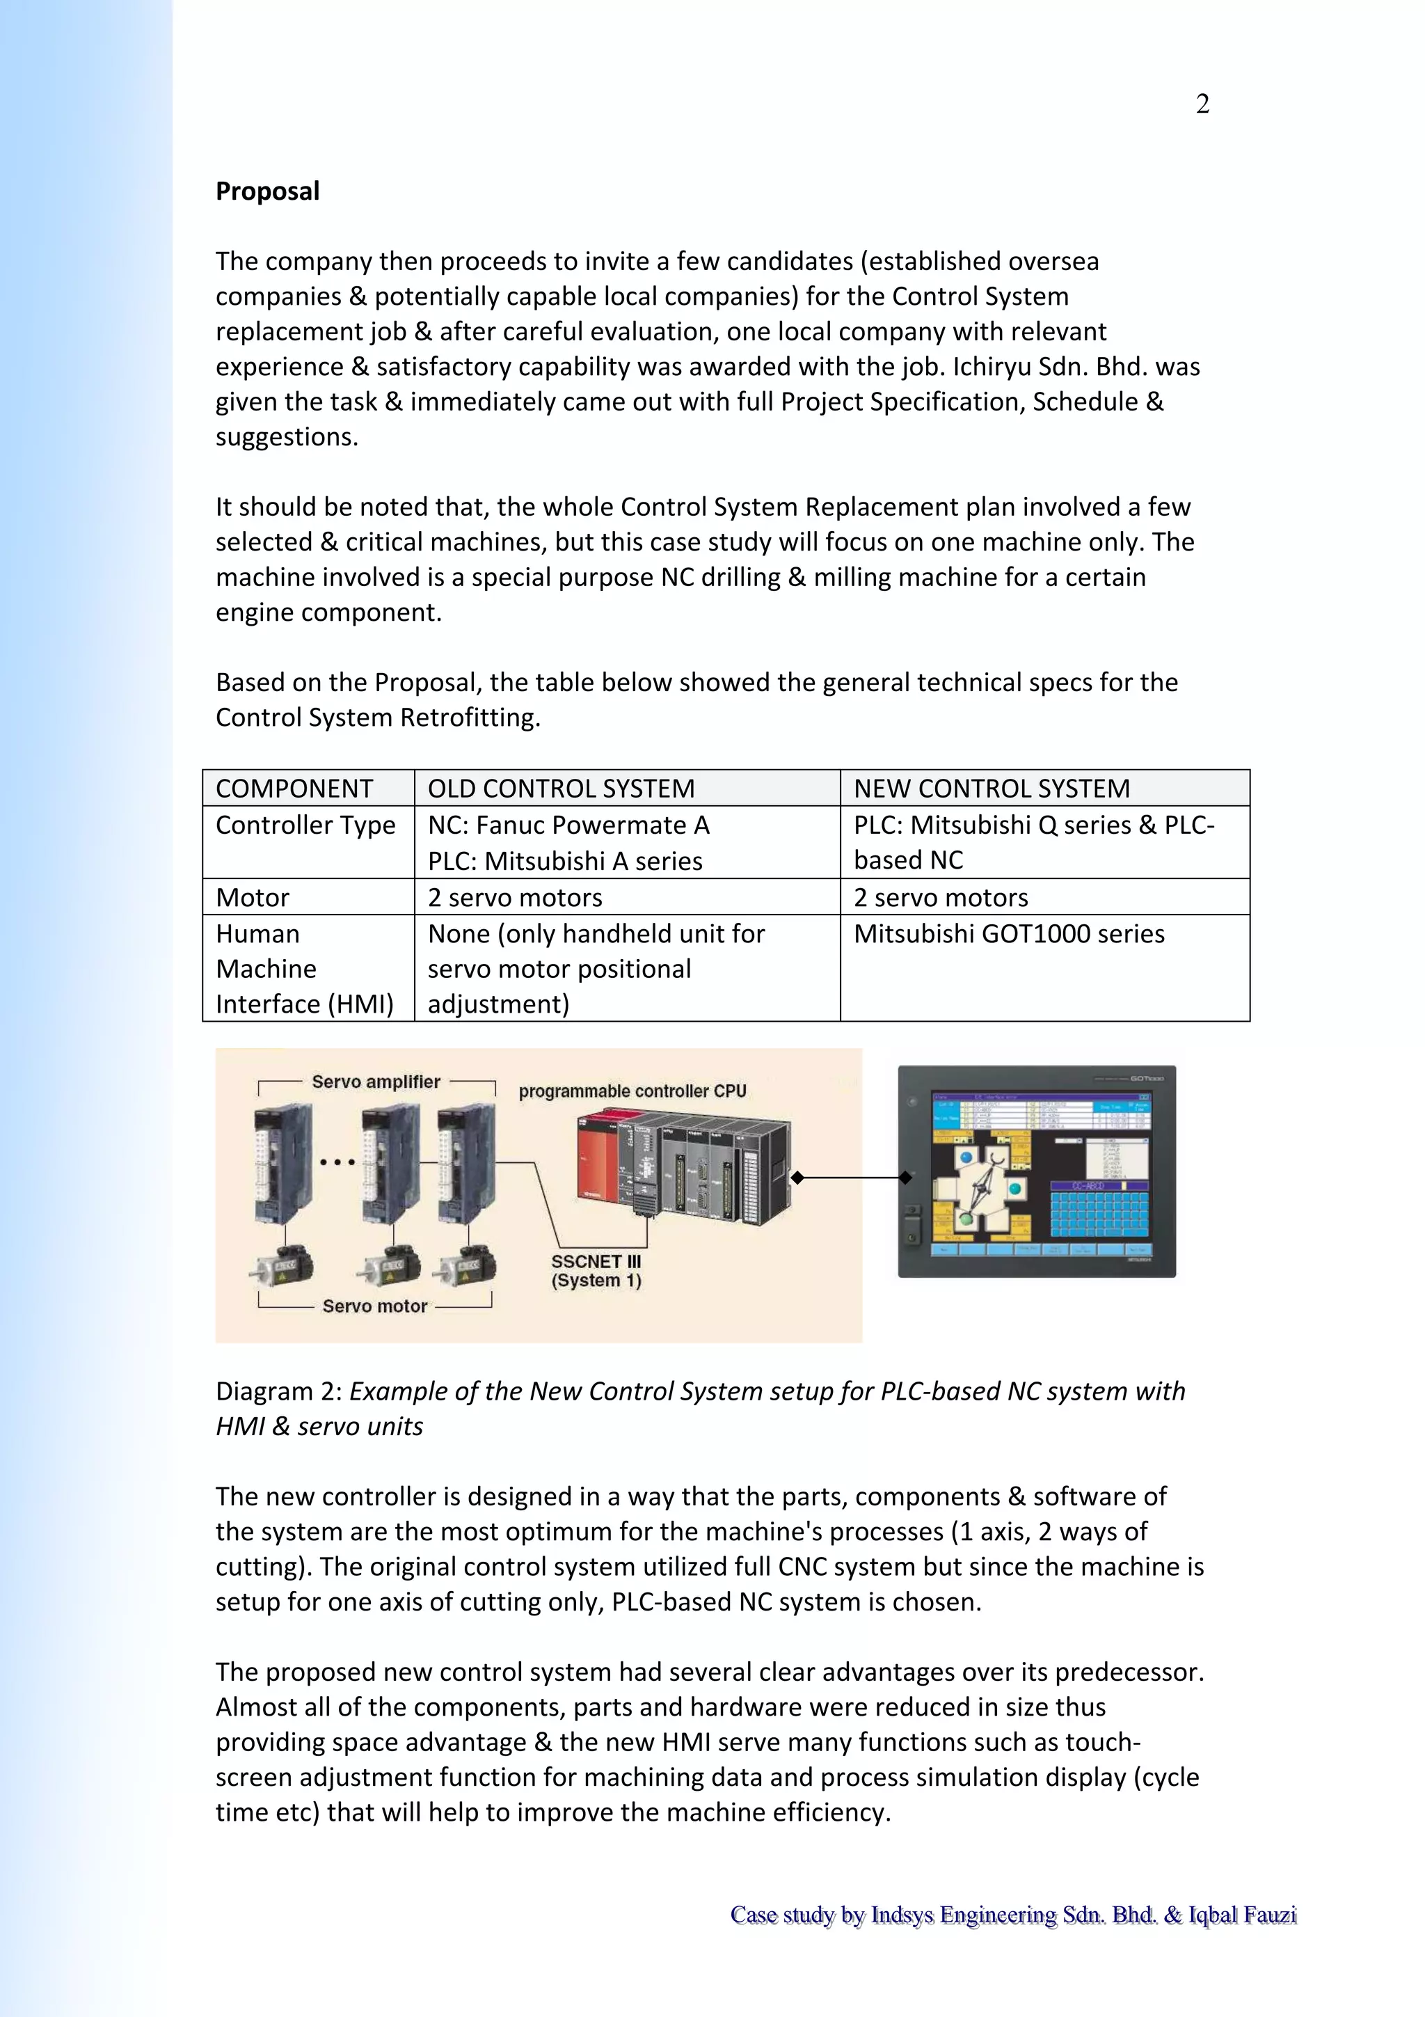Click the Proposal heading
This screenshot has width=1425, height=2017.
267,191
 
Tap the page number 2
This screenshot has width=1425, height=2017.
1202,104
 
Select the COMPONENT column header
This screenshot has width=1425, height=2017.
294,788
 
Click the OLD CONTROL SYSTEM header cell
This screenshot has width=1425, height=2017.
561,788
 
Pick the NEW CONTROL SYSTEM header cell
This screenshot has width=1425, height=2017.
992,788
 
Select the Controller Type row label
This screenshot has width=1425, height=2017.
305,825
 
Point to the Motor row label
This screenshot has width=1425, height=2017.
252,897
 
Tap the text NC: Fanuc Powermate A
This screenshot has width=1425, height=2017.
568,825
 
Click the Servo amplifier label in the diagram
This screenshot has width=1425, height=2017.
376,1082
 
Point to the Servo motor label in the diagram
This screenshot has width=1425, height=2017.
375,1306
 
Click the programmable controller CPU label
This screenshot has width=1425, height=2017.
632,1091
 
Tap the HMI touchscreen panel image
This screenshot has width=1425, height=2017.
1036,1171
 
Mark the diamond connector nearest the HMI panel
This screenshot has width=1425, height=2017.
905,1177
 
